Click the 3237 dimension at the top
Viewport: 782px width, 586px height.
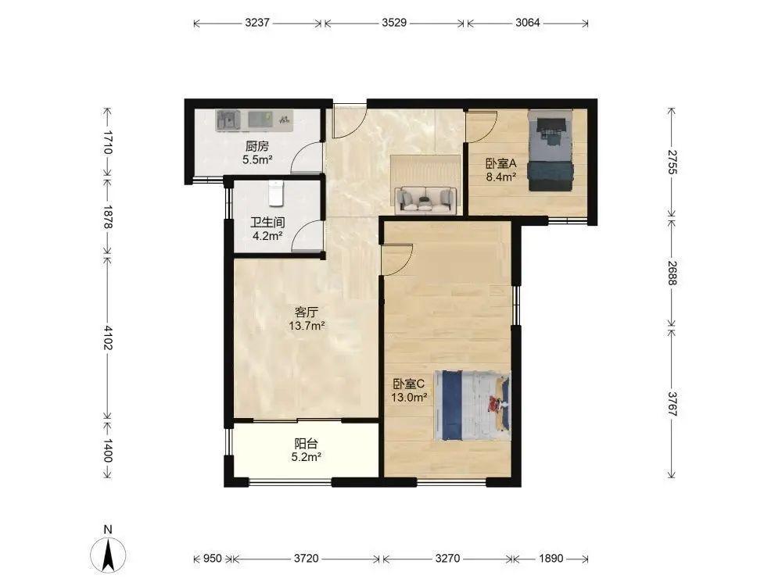[257, 23]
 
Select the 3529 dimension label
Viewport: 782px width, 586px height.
[394, 23]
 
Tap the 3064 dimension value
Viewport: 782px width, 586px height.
[527, 23]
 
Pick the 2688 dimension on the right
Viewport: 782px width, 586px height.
[672, 273]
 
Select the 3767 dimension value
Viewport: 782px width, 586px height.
[672, 404]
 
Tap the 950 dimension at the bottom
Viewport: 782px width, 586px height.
[213, 558]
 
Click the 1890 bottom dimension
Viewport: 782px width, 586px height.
[551, 558]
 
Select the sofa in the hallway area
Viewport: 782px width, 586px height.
[425, 199]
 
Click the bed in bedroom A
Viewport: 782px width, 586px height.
[550, 151]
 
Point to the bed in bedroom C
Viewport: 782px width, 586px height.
[472, 406]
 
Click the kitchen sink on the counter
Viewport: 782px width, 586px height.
[228, 120]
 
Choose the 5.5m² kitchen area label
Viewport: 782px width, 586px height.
[257, 160]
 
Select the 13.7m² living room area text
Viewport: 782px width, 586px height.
[307, 326]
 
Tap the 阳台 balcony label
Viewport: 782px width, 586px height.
[307, 443]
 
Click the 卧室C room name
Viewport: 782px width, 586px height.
[408, 384]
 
